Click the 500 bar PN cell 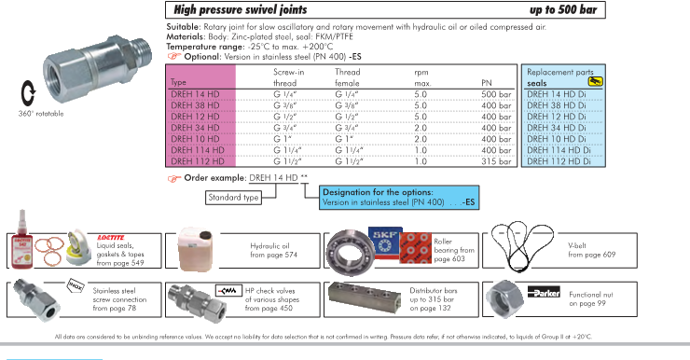point(496,94)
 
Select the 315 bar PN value point(496,161)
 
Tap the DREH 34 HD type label point(195,128)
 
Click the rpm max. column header point(422,77)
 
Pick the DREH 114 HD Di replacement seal point(559,150)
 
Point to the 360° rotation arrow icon point(28,93)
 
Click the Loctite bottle point(21,240)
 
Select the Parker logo point(544,292)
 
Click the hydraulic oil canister point(196,250)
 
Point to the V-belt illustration point(522,246)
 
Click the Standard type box point(233,198)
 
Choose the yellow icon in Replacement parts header point(595,81)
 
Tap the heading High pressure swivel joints point(241,9)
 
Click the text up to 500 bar point(563,9)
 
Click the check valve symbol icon point(228,291)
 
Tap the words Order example point(214,178)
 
